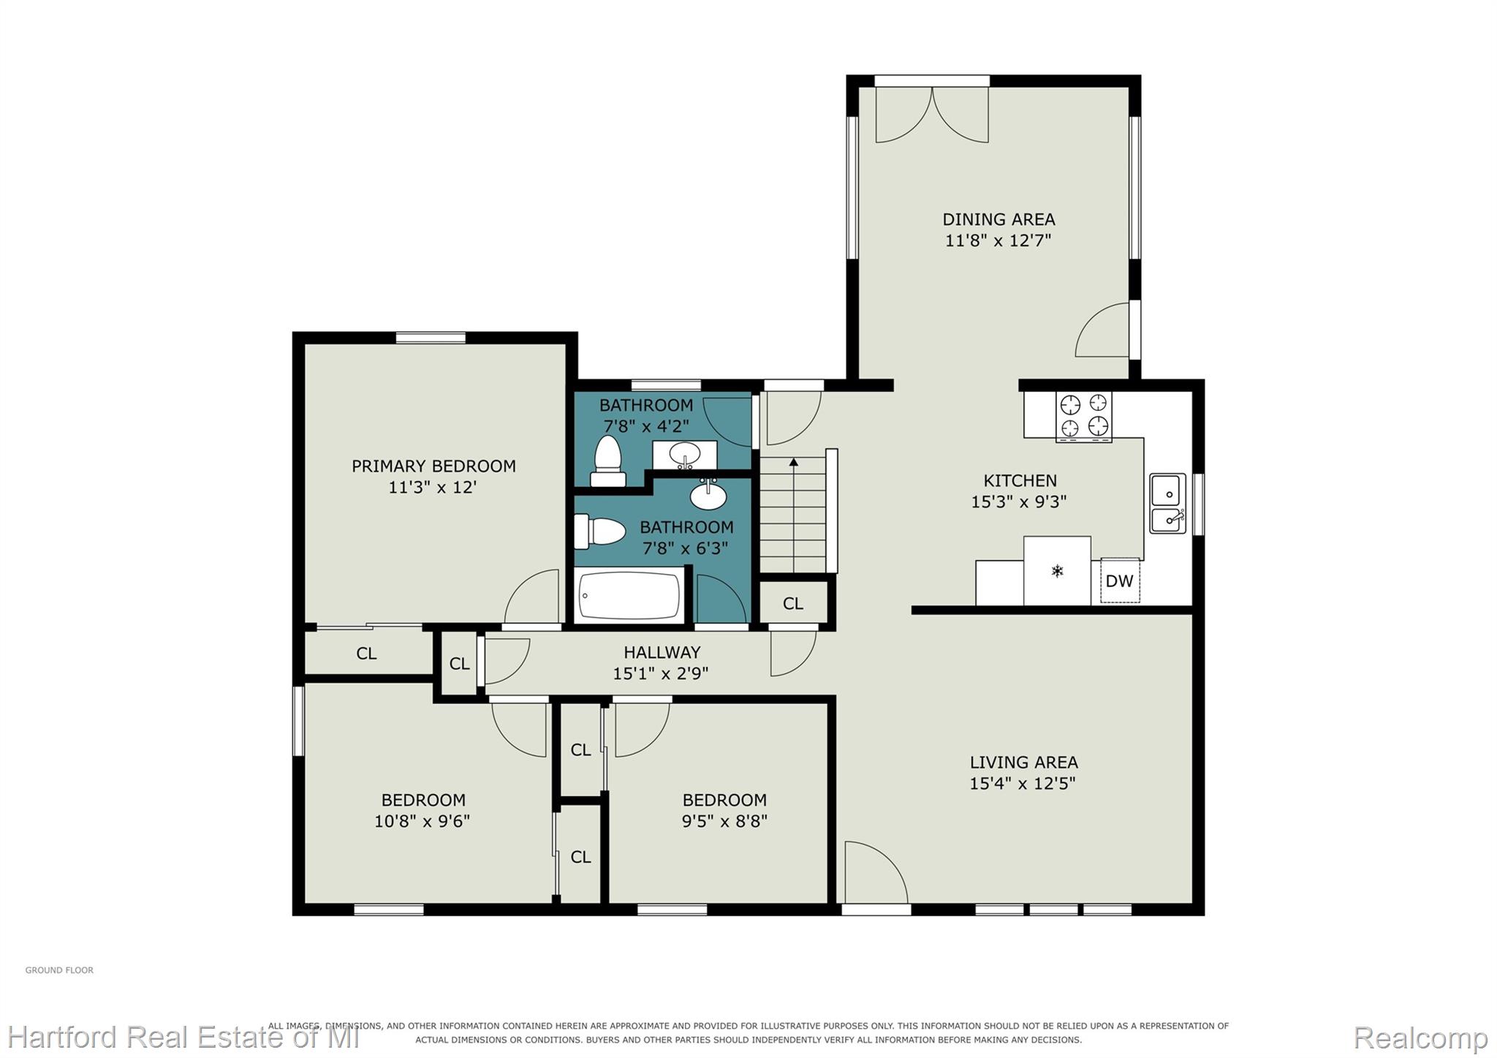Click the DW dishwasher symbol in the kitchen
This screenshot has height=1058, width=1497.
pos(1119,581)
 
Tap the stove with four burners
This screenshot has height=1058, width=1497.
pos(1083,417)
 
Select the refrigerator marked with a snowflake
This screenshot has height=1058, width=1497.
pos(1057,571)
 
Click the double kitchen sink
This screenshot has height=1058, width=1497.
pos(1167,503)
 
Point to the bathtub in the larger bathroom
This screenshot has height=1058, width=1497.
pos(629,596)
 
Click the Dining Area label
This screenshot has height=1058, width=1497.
pos(998,219)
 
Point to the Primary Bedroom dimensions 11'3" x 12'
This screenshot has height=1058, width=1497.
pos(433,487)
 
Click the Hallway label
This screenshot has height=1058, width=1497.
pos(662,652)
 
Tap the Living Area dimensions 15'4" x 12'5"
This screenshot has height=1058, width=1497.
pos(1023,783)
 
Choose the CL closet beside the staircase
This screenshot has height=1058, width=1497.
pos(793,604)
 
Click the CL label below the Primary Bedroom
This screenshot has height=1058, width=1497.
pos(366,654)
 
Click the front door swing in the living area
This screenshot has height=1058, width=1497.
pos(876,872)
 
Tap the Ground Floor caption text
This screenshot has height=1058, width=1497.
pos(59,970)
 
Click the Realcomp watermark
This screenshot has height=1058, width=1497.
pos(1420,1037)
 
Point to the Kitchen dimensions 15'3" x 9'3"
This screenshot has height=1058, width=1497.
pos(1019,502)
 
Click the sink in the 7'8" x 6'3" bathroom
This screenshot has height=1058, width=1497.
pos(708,496)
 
